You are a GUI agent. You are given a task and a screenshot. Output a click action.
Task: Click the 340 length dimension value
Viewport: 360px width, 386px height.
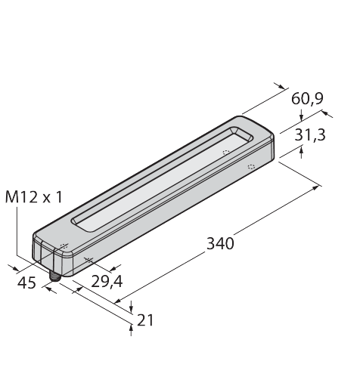pos(220,244)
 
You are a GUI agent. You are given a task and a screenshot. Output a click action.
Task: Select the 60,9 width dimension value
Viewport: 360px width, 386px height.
pos(307,98)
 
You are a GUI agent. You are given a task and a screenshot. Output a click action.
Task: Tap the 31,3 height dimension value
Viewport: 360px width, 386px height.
pos(310,135)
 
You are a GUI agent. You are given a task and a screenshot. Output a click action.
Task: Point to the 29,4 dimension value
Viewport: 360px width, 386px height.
pos(107,282)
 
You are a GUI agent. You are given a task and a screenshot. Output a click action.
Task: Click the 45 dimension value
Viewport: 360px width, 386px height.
pos(26,283)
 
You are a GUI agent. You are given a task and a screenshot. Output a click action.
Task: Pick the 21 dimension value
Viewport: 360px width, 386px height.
pos(145,320)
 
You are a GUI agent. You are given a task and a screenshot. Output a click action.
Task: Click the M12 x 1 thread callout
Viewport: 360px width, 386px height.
pos(33,197)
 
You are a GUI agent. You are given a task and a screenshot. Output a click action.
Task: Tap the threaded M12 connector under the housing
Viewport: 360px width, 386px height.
pos(54,276)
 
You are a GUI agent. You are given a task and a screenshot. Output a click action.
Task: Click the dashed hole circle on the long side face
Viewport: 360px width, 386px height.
pos(251,166)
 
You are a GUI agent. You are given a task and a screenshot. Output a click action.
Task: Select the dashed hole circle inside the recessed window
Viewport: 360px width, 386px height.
pos(226,153)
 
